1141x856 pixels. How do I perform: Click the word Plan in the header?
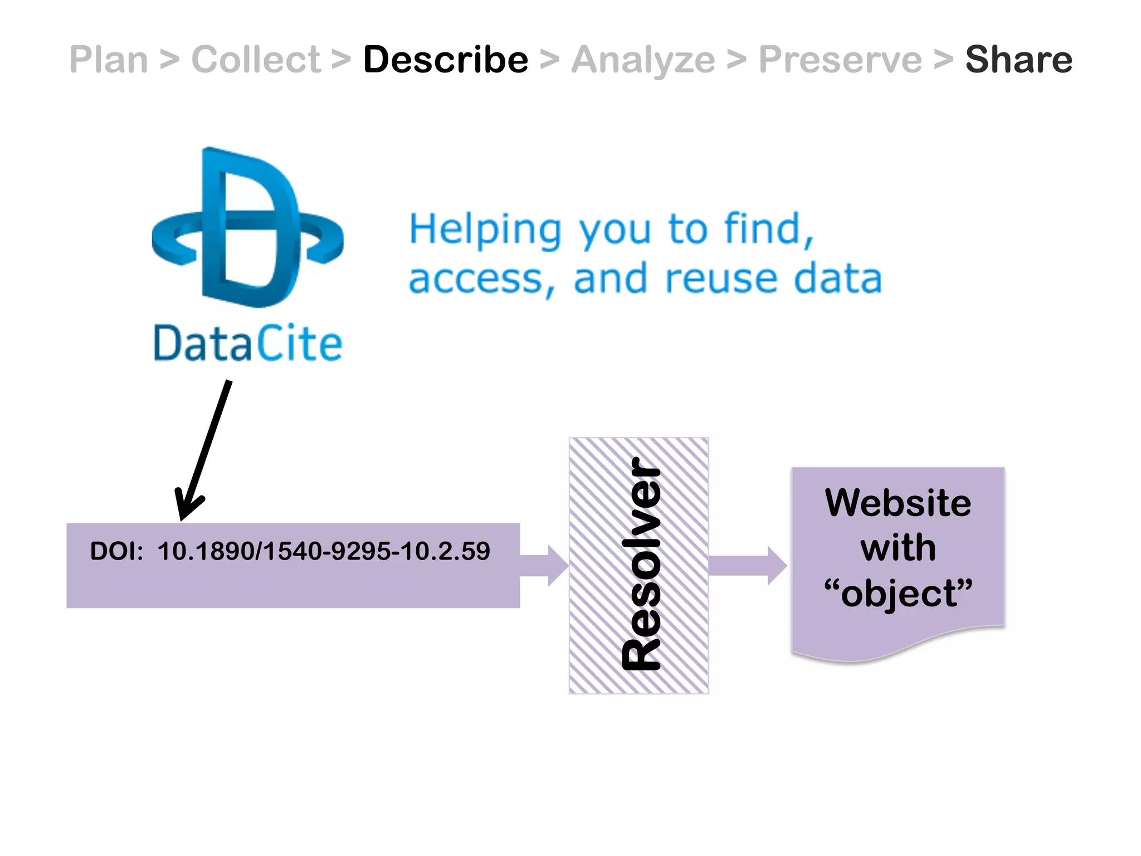point(109,60)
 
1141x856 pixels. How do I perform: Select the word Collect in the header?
point(256,60)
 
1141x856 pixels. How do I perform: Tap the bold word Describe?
point(446,60)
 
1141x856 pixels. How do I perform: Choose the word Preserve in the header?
point(840,60)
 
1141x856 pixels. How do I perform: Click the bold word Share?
point(1018,60)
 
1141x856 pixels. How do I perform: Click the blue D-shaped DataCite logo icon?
point(248,228)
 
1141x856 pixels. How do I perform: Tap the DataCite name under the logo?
point(248,344)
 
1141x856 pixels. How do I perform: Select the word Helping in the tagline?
point(485,230)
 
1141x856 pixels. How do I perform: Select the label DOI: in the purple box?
point(116,551)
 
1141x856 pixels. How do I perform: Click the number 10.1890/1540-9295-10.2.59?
point(324,551)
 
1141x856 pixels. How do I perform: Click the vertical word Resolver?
point(641,564)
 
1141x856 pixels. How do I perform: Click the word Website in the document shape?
point(898,503)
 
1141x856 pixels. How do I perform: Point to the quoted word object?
point(898,593)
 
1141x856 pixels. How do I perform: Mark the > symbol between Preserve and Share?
point(943,60)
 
